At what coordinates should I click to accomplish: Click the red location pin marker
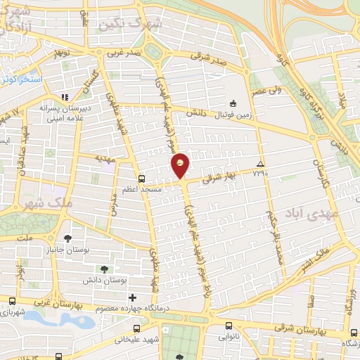click(180, 165)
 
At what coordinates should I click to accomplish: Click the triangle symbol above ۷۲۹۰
click(260, 162)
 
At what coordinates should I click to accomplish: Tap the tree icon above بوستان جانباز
click(67, 238)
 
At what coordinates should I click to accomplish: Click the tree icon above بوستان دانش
click(104, 269)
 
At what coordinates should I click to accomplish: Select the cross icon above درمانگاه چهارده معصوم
click(132, 297)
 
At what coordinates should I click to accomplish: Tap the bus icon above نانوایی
click(229, 325)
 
